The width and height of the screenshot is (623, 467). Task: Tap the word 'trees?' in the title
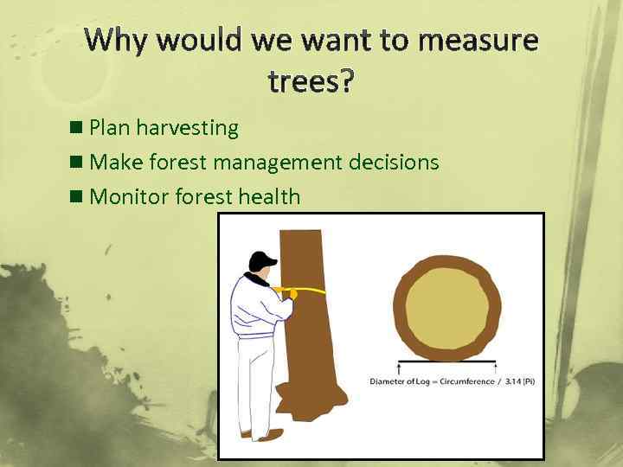(311, 80)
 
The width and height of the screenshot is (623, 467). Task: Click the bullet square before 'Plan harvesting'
(77, 128)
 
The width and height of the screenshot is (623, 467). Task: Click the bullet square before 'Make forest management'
(77, 163)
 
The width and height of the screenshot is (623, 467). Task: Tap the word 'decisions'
(397, 163)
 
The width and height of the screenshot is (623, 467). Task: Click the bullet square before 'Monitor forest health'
(77, 197)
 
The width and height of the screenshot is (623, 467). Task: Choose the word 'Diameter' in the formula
(389, 381)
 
